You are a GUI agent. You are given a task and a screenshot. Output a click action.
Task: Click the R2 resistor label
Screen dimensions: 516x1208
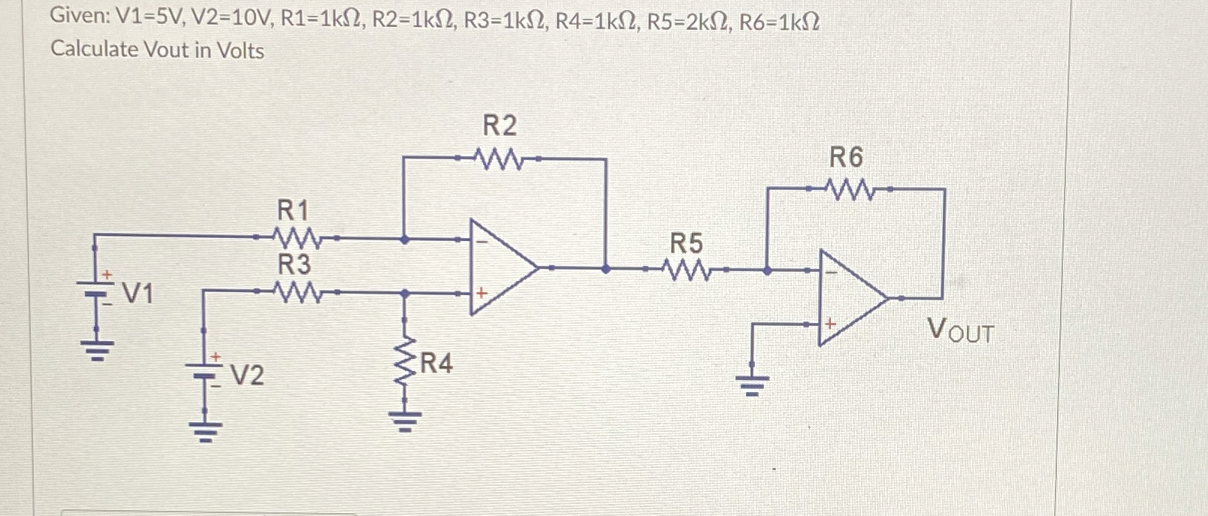[500, 125]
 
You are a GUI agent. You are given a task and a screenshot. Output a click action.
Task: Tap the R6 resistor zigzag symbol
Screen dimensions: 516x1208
[849, 189]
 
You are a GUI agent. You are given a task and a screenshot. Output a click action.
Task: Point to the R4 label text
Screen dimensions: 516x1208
[436, 365]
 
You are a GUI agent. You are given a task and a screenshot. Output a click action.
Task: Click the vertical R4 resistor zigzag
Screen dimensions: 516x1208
[405, 366]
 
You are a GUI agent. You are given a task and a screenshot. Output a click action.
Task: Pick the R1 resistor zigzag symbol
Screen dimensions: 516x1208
[298, 238]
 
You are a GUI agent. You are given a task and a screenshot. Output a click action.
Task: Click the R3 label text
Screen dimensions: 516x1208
[294, 264]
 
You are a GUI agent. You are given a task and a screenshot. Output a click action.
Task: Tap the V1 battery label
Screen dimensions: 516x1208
[137, 294]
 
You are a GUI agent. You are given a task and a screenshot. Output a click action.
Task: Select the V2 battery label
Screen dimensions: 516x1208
[246, 374]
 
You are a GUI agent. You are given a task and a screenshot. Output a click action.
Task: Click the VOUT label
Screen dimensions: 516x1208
[960, 330]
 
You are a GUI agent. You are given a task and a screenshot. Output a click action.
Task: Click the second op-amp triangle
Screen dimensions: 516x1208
[848, 298]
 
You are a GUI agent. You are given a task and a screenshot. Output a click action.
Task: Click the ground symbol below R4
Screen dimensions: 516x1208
[405, 421]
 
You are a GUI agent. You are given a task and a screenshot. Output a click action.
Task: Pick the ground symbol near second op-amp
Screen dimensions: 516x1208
[751, 386]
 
